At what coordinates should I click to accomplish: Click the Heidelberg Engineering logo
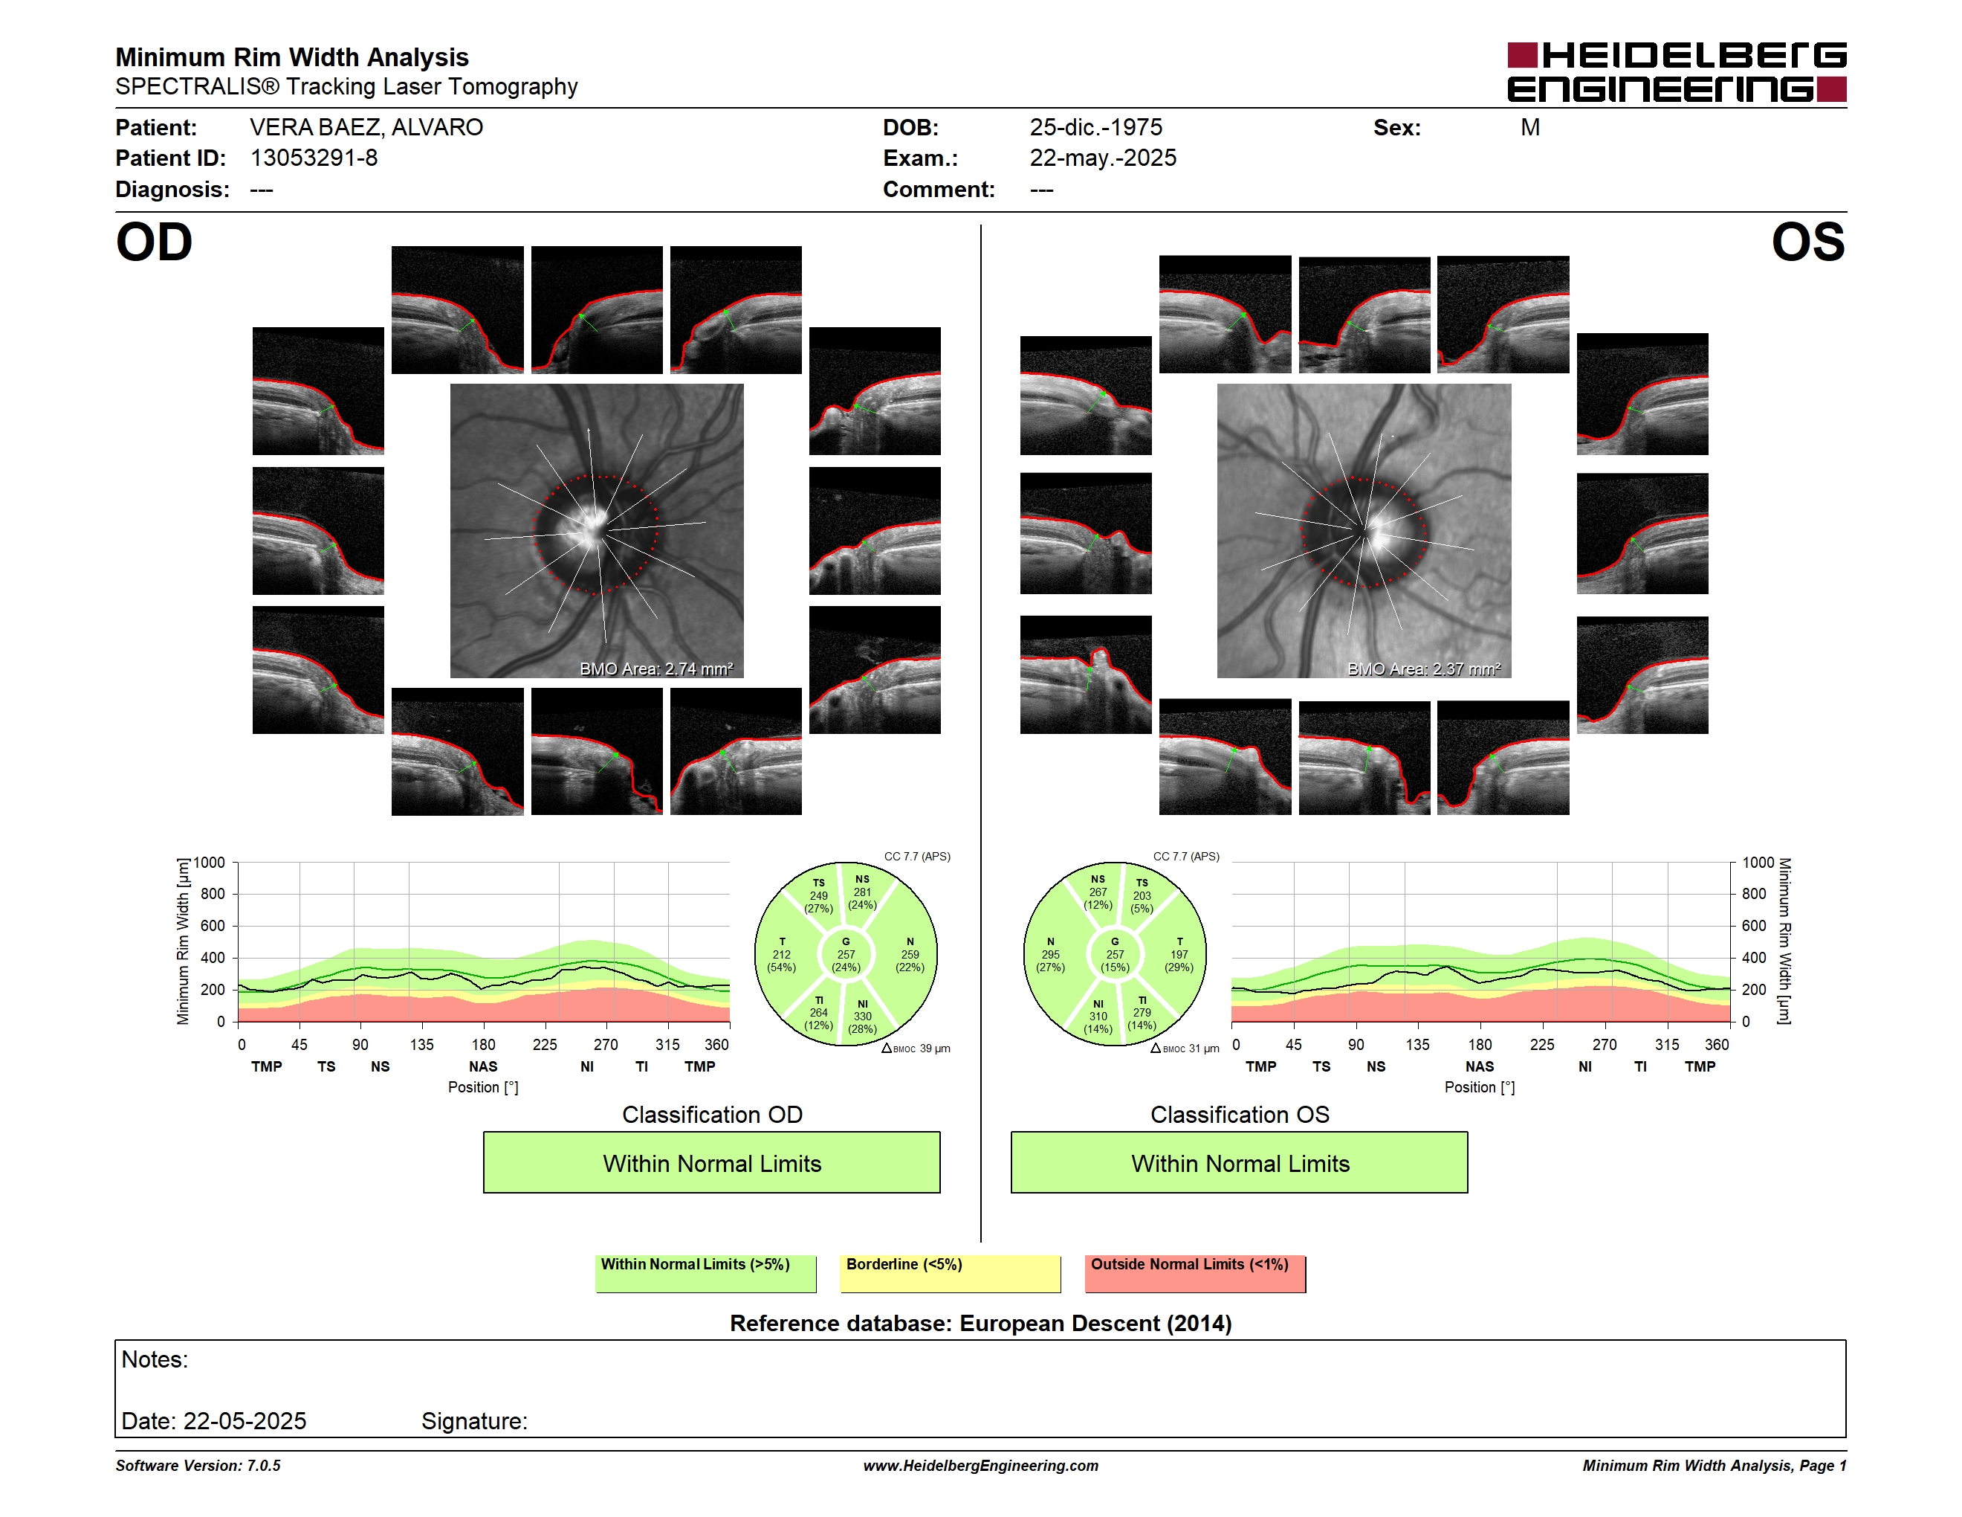tap(1677, 72)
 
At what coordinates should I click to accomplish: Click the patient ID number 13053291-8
tap(314, 158)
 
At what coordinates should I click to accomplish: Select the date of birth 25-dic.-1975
tap(1095, 128)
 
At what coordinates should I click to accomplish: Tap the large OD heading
tap(154, 242)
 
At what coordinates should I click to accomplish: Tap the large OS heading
tap(1807, 242)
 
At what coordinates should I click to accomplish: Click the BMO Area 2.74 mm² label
tap(655, 669)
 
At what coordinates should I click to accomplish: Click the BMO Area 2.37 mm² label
tap(1424, 669)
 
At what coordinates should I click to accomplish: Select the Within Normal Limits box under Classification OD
tap(711, 1163)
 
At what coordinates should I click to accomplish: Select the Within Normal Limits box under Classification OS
tap(1240, 1163)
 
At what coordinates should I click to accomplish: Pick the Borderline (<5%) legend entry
tap(950, 1273)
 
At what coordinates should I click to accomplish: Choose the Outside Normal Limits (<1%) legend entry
tap(1195, 1273)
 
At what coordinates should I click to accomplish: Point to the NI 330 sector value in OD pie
tap(862, 1017)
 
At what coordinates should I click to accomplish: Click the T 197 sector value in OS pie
tap(1179, 954)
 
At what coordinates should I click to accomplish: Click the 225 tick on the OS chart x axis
tap(1541, 1044)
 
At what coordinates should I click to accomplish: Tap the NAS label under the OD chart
tap(483, 1067)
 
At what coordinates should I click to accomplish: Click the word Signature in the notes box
tap(474, 1421)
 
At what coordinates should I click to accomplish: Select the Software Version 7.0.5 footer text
tap(198, 1466)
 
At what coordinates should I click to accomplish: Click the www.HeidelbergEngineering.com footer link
tap(981, 1466)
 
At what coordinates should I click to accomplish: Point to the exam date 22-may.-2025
tap(1102, 158)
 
